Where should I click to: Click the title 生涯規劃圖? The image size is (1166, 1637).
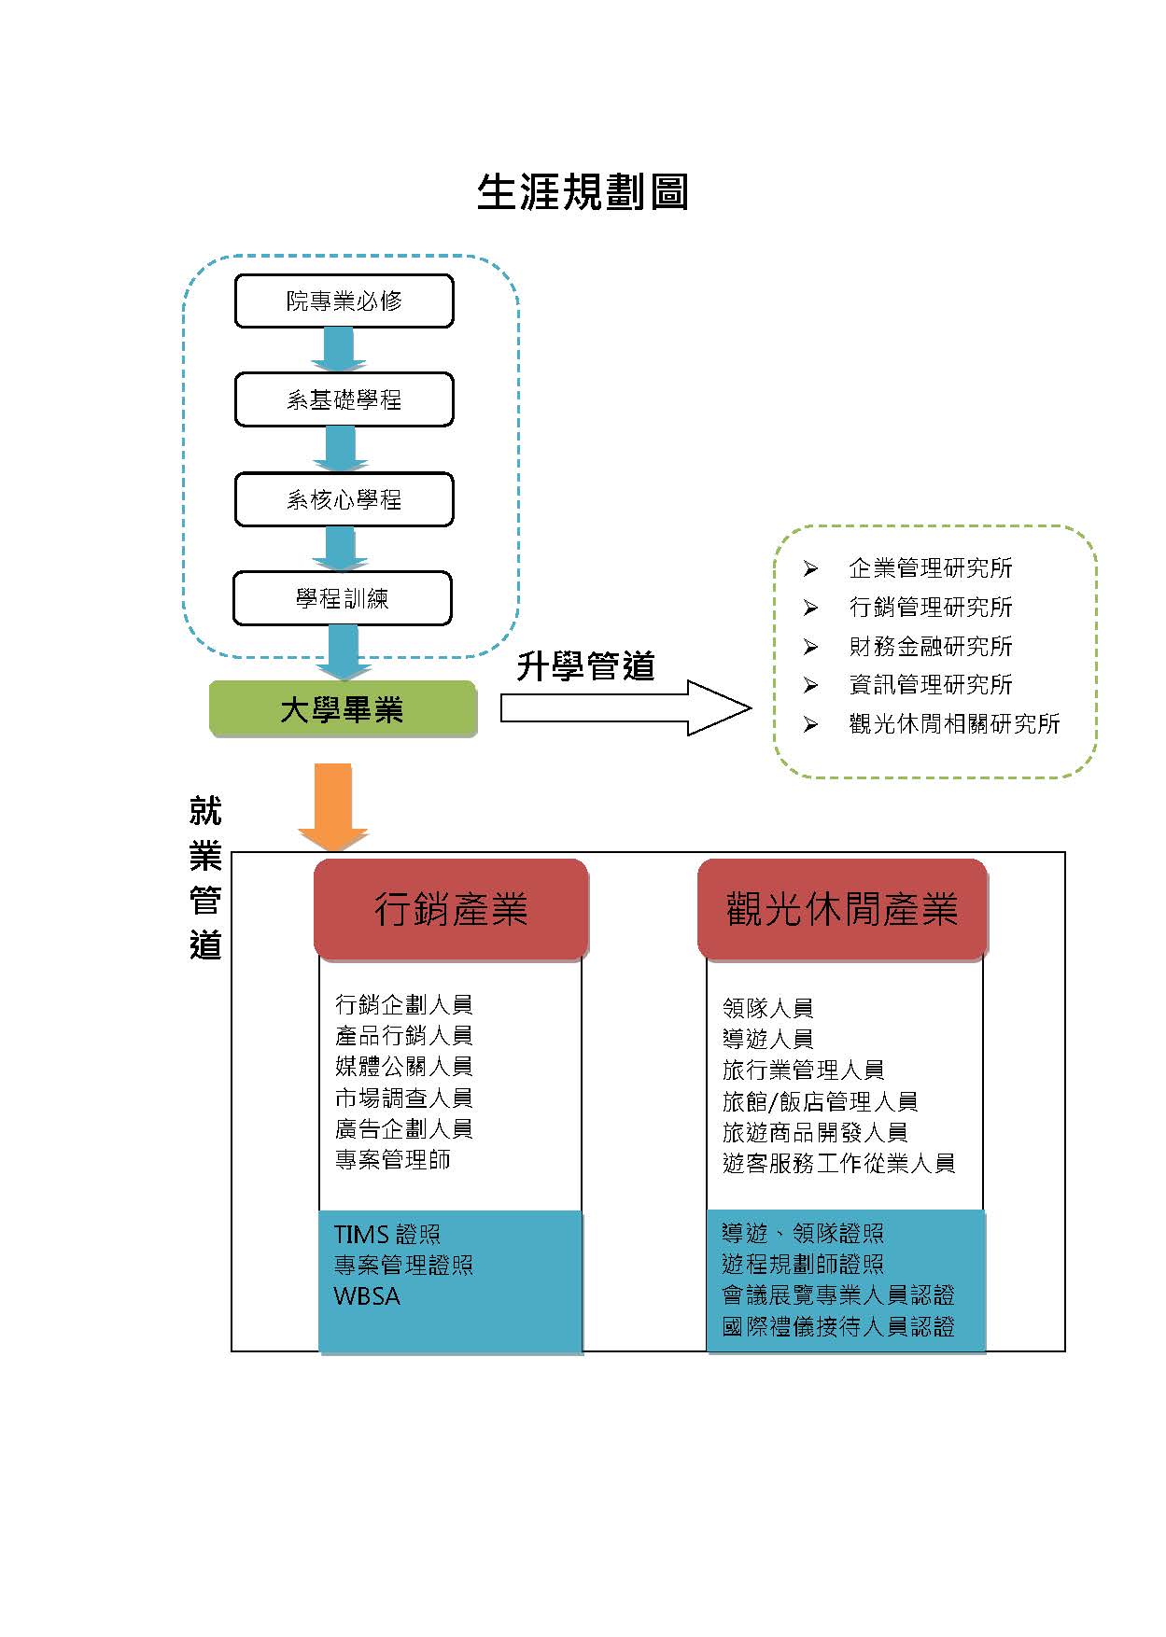(x=583, y=191)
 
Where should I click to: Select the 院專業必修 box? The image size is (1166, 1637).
(x=344, y=301)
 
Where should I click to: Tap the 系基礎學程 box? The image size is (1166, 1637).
(x=344, y=399)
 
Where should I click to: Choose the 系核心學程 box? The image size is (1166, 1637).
(x=344, y=499)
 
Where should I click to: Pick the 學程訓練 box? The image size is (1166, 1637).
(x=342, y=598)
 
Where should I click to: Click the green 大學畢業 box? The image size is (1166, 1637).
(x=343, y=709)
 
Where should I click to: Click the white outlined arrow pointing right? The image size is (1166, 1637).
(x=625, y=708)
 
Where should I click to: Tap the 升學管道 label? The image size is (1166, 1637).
(x=585, y=666)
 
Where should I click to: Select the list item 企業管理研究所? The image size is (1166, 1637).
(x=931, y=567)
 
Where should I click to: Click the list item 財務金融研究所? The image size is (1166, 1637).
(x=931, y=646)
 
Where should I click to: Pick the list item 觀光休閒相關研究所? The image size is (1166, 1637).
(x=954, y=723)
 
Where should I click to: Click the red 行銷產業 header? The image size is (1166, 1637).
(x=451, y=909)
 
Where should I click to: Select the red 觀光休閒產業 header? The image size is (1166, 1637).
(x=842, y=909)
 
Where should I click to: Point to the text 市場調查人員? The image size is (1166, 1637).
(x=404, y=1098)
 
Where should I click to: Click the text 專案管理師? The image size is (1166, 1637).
(x=393, y=1159)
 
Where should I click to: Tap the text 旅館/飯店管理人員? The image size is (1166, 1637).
(x=821, y=1101)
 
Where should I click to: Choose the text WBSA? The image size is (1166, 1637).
(x=367, y=1296)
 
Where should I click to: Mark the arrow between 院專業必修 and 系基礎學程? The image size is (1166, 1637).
(x=339, y=350)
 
